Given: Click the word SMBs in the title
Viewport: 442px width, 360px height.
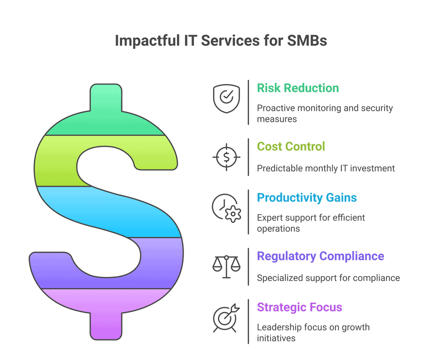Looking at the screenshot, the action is tap(307, 40).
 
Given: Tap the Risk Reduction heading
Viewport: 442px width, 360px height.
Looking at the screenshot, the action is tap(298, 88).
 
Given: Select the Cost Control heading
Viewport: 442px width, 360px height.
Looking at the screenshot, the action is tap(291, 146).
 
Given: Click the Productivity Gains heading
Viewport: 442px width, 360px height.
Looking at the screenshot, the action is tap(306, 197).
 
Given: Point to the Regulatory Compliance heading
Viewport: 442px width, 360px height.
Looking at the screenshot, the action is tap(321, 256).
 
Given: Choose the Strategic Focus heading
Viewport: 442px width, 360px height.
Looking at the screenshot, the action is tap(300, 307).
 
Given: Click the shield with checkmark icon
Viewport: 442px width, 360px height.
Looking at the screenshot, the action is tap(226, 99).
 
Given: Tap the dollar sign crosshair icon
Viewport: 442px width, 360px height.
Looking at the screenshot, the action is tap(226, 157).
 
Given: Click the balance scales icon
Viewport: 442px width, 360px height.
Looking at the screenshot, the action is tap(226, 267).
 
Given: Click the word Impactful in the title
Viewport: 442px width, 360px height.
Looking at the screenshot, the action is tap(147, 40).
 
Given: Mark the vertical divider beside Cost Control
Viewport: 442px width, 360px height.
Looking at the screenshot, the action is tap(249, 157).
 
